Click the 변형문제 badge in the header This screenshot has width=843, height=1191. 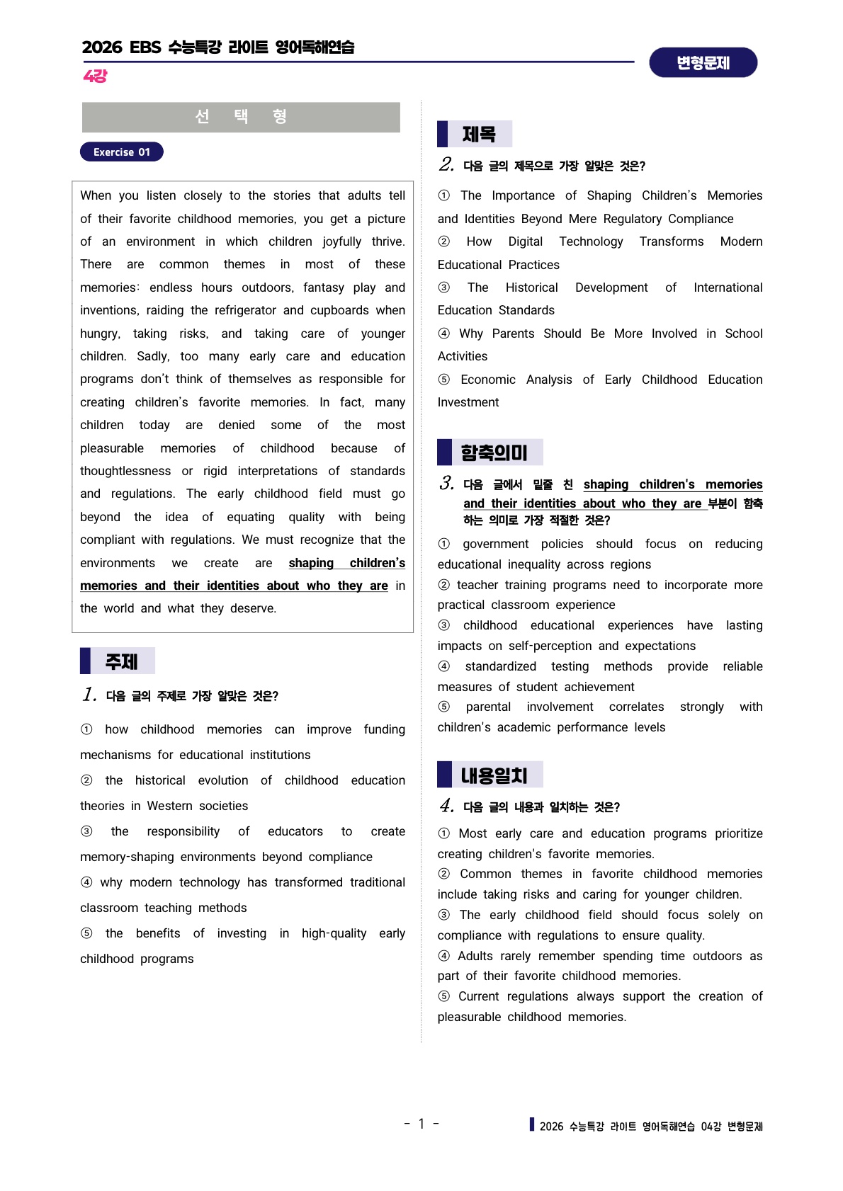tap(703, 63)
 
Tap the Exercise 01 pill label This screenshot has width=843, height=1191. tap(122, 152)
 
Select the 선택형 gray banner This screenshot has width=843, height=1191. tap(241, 117)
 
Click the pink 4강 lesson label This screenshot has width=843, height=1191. tap(95, 76)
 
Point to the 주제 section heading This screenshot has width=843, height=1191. tap(121, 661)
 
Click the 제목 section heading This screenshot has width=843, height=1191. tap(479, 134)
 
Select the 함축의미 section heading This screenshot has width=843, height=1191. tap(494, 452)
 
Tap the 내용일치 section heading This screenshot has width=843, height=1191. tap(494, 775)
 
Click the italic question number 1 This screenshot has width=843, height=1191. tap(89, 695)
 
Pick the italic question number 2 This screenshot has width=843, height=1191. tap(446, 165)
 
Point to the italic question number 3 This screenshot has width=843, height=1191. tap(446, 484)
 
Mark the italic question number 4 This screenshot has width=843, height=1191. tap(446, 806)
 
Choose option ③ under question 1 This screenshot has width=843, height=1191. tap(86, 831)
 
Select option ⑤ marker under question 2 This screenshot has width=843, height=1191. tap(444, 380)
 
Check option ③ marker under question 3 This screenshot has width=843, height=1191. tap(444, 625)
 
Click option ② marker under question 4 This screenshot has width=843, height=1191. tap(444, 874)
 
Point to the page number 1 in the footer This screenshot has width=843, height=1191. tap(421, 1124)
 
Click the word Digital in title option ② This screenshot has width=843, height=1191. tap(525, 241)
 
